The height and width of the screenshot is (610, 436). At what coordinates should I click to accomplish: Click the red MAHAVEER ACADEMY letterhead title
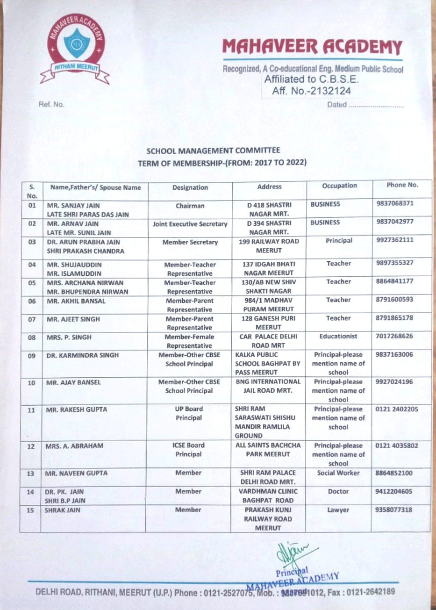(x=312, y=47)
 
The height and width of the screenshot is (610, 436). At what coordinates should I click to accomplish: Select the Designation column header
(x=190, y=187)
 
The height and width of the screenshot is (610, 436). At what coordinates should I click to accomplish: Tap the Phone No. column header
(x=402, y=185)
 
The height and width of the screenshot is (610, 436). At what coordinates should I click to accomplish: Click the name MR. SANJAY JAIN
(x=73, y=205)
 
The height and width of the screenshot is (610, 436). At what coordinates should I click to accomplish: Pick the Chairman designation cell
(x=190, y=206)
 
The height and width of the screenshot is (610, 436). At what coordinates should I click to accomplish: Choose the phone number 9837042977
(x=395, y=222)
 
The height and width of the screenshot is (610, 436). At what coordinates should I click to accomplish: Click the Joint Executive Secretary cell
(x=190, y=224)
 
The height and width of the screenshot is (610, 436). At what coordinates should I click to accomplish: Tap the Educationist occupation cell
(x=338, y=336)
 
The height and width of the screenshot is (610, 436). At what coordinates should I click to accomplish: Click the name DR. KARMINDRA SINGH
(x=82, y=355)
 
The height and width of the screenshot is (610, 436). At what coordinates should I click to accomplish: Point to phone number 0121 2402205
(x=397, y=409)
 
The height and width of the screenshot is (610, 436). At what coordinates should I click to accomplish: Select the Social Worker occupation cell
(x=338, y=473)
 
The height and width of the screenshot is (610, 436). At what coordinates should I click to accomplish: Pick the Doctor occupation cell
(x=338, y=491)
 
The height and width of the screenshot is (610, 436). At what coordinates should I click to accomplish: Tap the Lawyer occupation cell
(x=338, y=510)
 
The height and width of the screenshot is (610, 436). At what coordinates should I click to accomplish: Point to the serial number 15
(x=30, y=510)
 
